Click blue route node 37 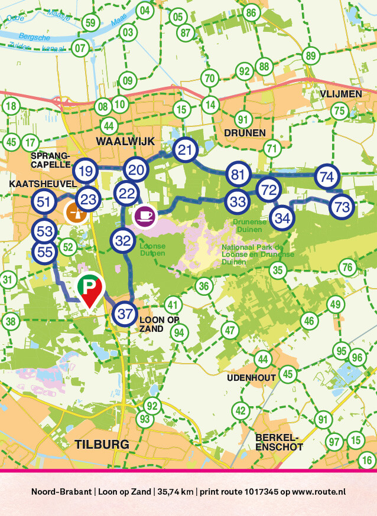pos(125,313)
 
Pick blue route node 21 pos(186,151)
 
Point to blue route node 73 pos(341,207)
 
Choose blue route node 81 pos(238,175)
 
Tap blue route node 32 pos(123,241)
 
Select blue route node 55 pos(44,252)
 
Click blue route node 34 pos(282,218)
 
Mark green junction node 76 pos(348,267)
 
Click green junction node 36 pos(204,286)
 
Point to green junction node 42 pos(240,410)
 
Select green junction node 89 pos(310,56)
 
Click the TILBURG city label pos(102,444)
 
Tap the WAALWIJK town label pos(125,141)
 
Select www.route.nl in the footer pos(318,491)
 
